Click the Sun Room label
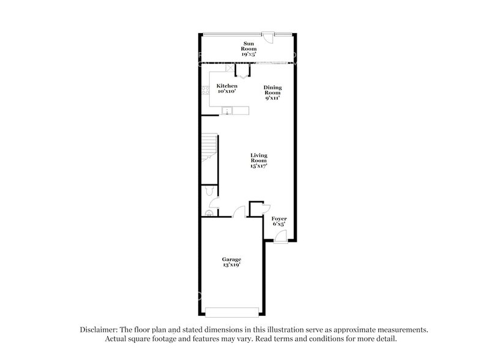coord(249,45)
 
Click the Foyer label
coord(279,219)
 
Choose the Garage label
coord(231,260)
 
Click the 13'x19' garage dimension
coord(231,266)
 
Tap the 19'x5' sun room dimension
coord(249,54)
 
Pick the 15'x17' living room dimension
coord(259,166)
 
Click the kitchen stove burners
coord(206,91)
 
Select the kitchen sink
coord(227,111)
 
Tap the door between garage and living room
coord(239,212)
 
